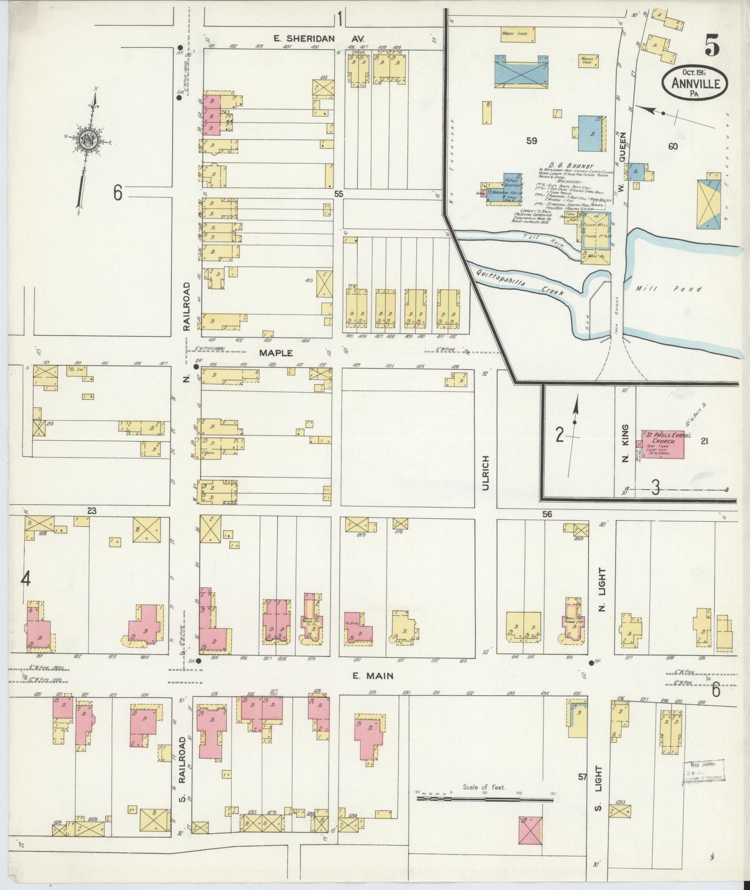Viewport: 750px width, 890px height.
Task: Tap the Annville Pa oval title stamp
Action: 694,83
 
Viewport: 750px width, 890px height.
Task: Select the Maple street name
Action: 276,353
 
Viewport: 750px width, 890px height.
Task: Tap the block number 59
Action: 531,141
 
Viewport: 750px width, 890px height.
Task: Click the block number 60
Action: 673,146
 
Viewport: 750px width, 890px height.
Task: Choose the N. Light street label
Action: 602,589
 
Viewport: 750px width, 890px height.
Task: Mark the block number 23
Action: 91,511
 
